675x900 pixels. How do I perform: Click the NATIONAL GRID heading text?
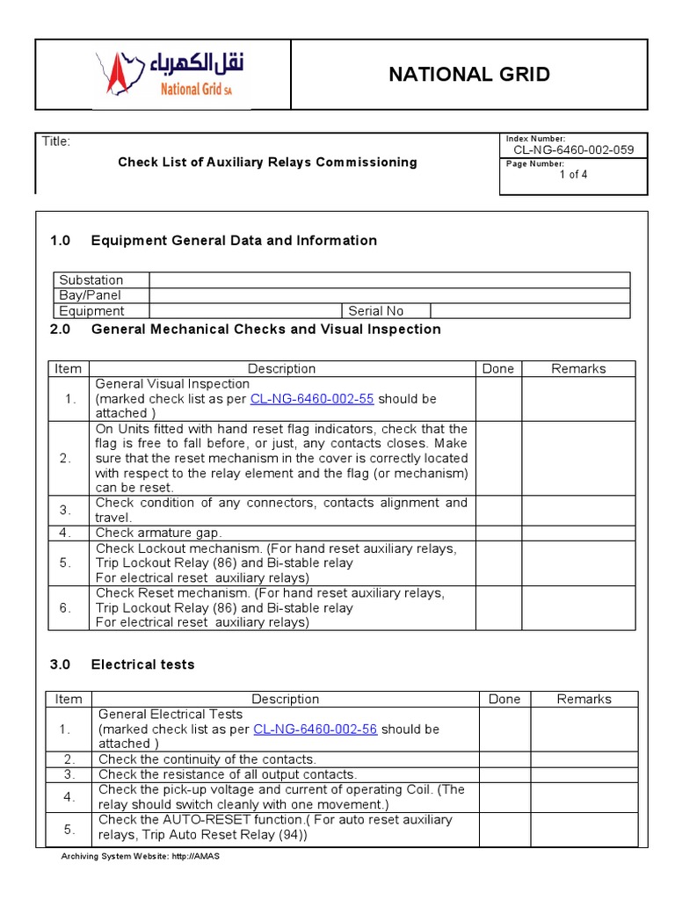pyautogui.click(x=469, y=75)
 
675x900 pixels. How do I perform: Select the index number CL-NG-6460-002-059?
pyautogui.click(x=573, y=149)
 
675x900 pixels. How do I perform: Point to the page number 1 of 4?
pyautogui.click(x=573, y=174)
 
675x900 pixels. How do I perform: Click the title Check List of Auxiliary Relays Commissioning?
pyautogui.click(x=267, y=162)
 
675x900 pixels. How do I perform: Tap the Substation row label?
pyautogui.click(x=91, y=280)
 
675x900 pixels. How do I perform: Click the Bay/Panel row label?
pyautogui.click(x=90, y=295)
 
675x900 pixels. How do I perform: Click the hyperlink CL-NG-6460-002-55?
pyautogui.click(x=312, y=399)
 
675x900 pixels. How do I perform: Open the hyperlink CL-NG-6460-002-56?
pyautogui.click(x=315, y=729)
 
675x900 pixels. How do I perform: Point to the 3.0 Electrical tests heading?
pyautogui.click(x=142, y=664)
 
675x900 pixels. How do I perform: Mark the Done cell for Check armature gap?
pyautogui.click(x=498, y=533)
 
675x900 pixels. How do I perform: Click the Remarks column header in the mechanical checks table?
pyautogui.click(x=578, y=369)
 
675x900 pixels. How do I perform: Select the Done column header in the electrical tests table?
pyautogui.click(x=504, y=700)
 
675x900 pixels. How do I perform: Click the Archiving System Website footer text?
pyautogui.click(x=139, y=857)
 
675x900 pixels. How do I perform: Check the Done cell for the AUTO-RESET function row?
pyautogui.click(x=504, y=828)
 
